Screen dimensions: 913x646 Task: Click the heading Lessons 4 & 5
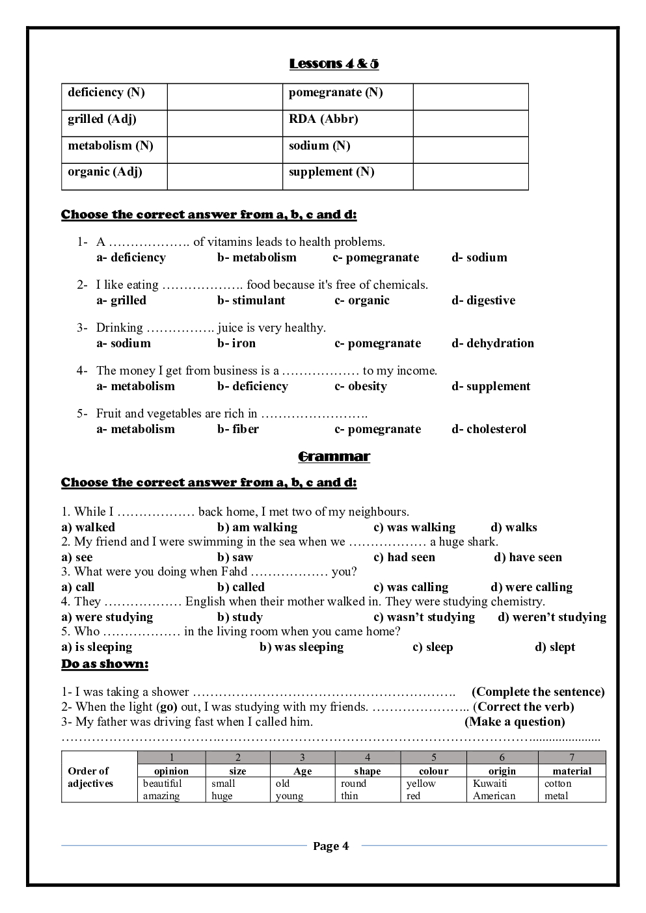click(x=334, y=64)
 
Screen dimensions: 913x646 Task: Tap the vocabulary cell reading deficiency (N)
click(x=106, y=92)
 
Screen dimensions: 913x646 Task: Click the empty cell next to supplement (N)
click(x=470, y=176)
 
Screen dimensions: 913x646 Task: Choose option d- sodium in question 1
click(x=479, y=258)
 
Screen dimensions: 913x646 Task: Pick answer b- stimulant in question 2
click(x=251, y=300)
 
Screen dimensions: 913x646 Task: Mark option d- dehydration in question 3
click(x=492, y=343)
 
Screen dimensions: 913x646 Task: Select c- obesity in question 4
click(x=360, y=386)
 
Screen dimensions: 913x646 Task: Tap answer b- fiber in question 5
click(x=238, y=429)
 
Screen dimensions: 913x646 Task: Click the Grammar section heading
click(x=334, y=456)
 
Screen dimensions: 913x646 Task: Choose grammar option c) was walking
click(x=414, y=527)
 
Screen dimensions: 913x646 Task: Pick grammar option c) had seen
click(x=404, y=557)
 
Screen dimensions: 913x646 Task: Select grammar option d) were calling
click(x=532, y=587)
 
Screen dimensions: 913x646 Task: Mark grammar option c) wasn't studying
click(x=424, y=617)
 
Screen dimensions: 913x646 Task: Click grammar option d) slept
click(x=555, y=647)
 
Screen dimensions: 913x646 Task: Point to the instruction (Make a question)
click(x=515, y=722)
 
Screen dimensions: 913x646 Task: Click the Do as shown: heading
click(x=105, y=664)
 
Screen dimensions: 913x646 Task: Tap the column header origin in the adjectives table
click(x=502, y=771)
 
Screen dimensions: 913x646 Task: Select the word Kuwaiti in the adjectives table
click(x=490, y=784)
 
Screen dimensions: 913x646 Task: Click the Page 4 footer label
click(x=330, y=846)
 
